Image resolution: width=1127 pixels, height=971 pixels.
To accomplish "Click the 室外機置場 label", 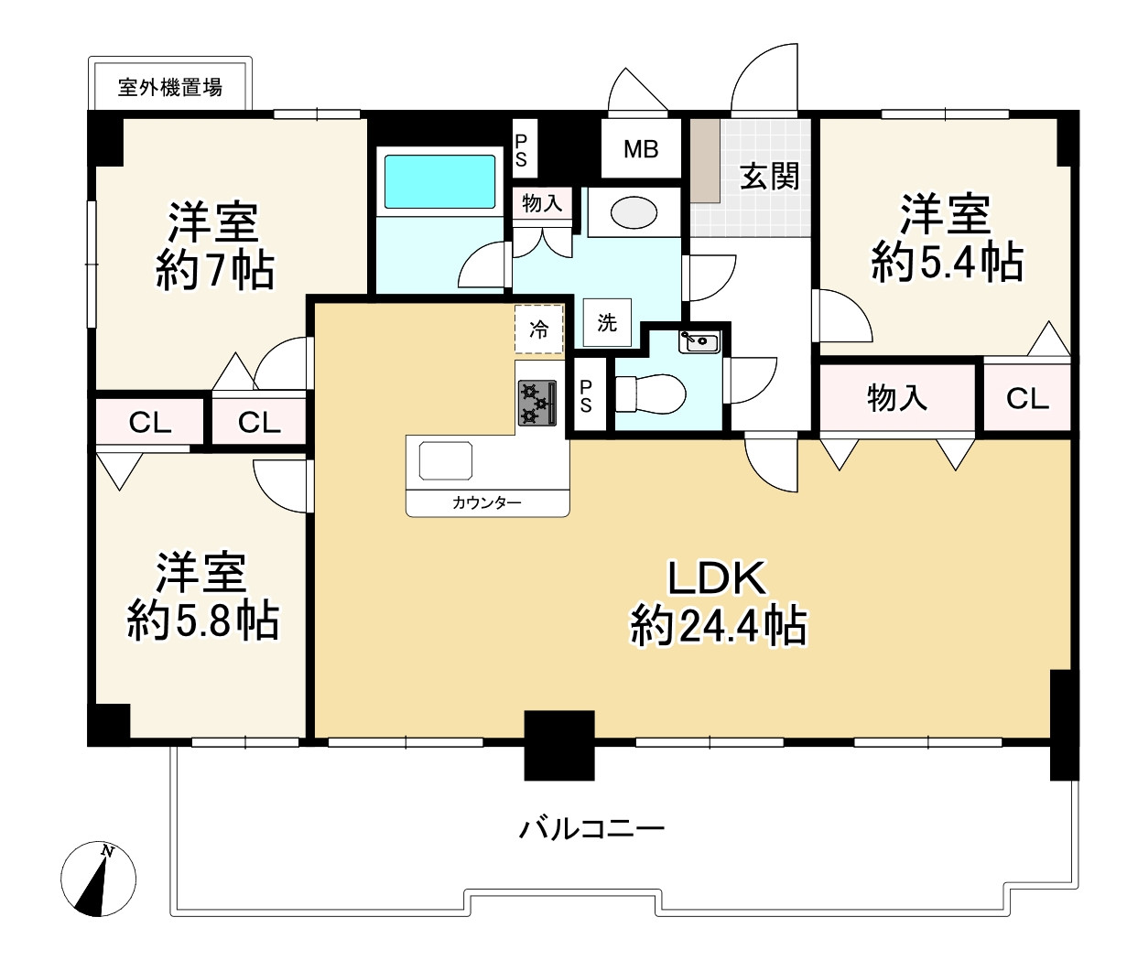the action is [170, 87].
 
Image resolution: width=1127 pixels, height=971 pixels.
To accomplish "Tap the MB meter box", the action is [641, 148].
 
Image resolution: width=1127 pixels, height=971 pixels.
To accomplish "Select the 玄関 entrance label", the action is [769, 176].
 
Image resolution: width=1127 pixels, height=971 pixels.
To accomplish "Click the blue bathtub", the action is [440, 182].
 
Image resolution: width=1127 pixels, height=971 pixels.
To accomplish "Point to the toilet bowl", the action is [650, 394].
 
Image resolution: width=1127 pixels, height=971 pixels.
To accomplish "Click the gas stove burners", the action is [537, 403].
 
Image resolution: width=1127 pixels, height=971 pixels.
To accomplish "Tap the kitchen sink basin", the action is [446, 460].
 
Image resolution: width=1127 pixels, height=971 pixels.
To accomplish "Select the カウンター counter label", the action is [486, 502].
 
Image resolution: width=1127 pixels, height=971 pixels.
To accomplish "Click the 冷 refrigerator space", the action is [538, 329].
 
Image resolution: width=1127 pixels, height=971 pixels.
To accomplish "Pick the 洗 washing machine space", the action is [607, 322].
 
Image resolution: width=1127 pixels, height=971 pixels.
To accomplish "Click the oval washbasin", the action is [634, 212].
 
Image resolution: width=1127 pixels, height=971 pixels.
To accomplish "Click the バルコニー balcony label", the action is [591, 829].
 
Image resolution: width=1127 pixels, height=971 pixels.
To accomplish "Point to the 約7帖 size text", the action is [215, 271].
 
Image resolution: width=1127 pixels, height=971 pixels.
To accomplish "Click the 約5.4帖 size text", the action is [947, 263].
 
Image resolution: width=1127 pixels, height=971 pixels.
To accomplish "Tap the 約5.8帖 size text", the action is [203, 620].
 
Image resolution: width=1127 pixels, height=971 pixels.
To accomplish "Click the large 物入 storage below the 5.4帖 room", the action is [897, 398].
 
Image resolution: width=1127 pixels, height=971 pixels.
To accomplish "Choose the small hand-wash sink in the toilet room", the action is [699, 341].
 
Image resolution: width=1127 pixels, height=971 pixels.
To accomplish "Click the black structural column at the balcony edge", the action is [558, 745].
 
